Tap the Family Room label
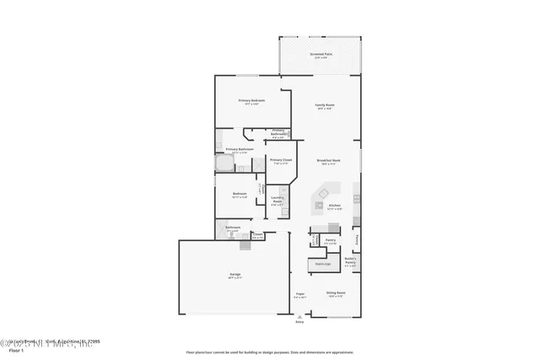point(323,105)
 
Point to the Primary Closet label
point(280,160)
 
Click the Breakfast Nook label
point(328,161)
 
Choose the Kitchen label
point(334,205)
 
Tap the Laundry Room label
point(277,200)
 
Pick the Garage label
point(235,275)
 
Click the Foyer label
point(299,294)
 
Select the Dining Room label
point(336,294)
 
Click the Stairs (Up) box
point(321,264)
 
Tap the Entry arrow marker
point(299,319)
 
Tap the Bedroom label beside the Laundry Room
point(240,195)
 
